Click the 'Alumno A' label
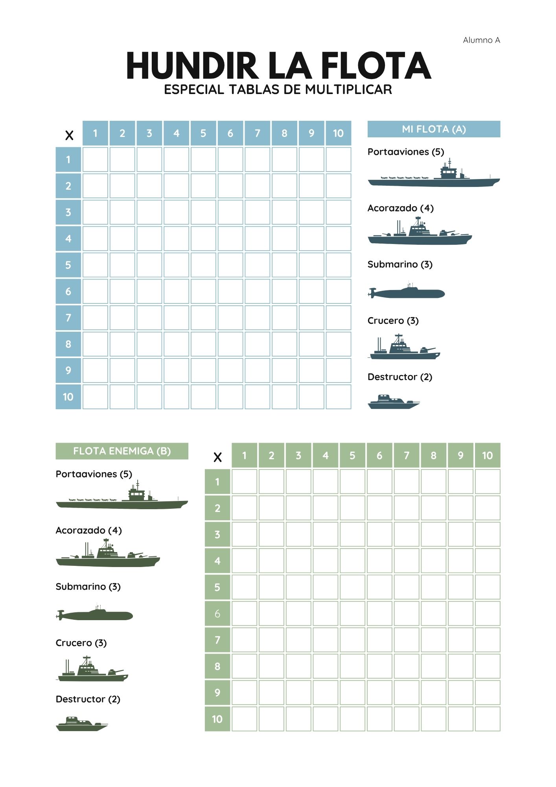481,40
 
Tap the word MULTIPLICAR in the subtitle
348,90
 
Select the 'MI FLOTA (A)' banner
434,129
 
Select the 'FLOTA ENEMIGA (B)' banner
122,451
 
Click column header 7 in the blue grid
258,133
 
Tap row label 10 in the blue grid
68,397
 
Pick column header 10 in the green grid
487,456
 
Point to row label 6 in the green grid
217,613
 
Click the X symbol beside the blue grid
69,135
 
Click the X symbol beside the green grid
217,457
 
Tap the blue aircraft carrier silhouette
434,177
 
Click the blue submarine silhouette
407,292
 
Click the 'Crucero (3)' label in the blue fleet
393,321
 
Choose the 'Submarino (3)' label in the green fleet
88,587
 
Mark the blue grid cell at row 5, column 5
203,265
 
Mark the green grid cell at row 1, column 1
244,482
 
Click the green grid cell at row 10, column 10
487,719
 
